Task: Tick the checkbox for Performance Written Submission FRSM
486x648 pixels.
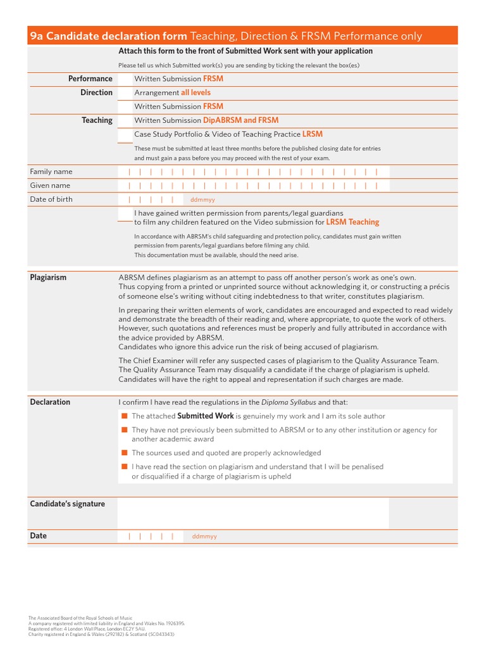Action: [x=125, y=79]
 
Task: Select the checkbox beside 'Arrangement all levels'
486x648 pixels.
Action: [x=125, y=93]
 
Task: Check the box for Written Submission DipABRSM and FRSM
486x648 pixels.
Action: [x=125, y=120]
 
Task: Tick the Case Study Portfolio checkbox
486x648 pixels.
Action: [x=125, y=134]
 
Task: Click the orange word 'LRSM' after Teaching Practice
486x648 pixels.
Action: [x=312, y=134]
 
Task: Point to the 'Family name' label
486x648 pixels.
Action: [x=51, y=171]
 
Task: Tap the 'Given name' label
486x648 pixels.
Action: [x=50, y=185]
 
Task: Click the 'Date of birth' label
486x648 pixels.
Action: [x=51, y=199]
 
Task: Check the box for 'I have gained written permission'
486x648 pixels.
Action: [x=125, y=214]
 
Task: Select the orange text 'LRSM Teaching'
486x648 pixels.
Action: [x=352, y=223]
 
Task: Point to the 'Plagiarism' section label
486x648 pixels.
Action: [x=48, y=277]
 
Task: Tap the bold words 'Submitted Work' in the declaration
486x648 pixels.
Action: [x=206, y=416]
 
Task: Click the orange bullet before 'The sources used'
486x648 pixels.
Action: [x=125, y=453]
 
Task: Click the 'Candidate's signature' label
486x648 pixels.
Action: [x=68, y=504]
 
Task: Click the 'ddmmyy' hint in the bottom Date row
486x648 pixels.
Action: [x=204, y=537]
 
